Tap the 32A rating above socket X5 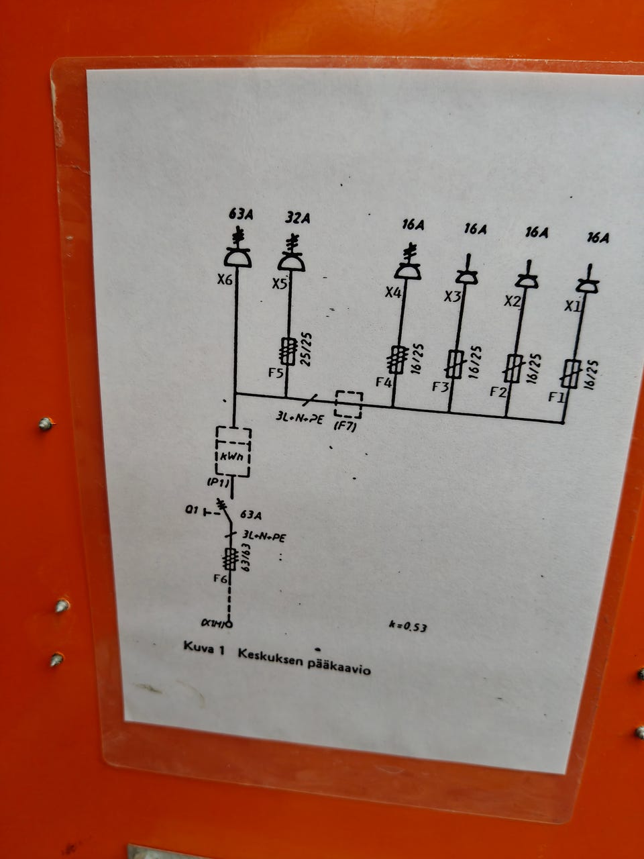(x=298, y=218)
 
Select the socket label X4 (x=393, y=293)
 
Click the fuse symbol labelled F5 (x=289, y=351)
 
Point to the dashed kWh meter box (x=233, y=452)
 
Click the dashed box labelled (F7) (x=348, y=405)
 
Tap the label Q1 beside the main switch (x=191, y=511)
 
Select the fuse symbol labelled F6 (x=230, y=558)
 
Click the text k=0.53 (x=408, y=627)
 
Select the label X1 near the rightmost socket (x=572, y=306)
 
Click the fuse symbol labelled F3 (x=455, y=364)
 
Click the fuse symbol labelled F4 (x=398, y=359)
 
